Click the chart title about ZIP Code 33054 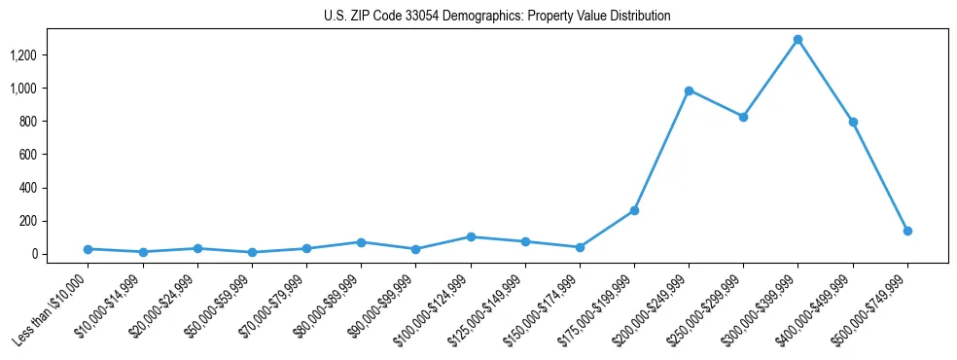497,17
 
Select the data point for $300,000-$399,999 797,40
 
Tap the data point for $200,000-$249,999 689,90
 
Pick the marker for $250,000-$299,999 743,117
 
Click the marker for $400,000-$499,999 853,122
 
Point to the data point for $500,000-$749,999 907,231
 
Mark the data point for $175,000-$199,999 634,210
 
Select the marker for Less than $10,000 89,249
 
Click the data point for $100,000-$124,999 471,236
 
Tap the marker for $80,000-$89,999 361,242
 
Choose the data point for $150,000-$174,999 580,247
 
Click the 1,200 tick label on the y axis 22,55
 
